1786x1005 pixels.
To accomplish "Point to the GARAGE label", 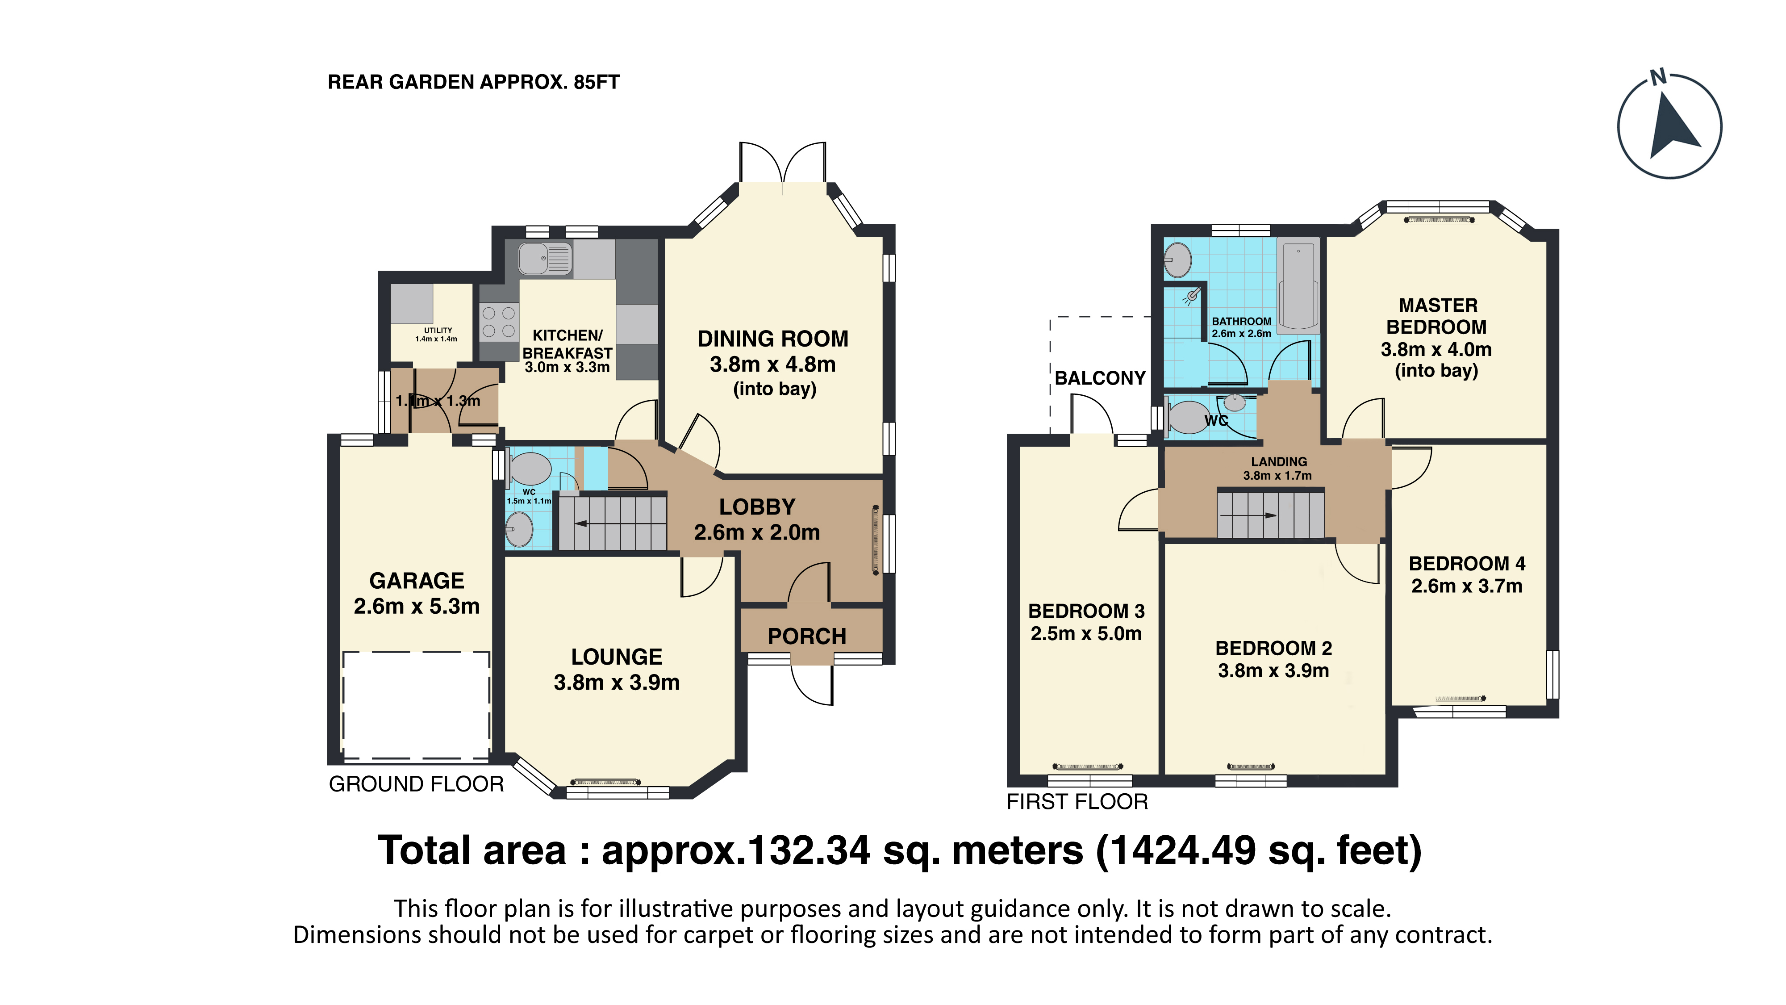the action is click(417, 581).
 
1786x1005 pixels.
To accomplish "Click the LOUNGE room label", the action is click(616, 657).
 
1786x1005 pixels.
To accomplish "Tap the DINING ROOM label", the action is click(773, 339).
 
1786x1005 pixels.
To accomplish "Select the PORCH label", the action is click(807, 636).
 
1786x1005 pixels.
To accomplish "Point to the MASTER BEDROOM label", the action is click(1437, 316).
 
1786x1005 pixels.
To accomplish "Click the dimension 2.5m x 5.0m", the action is click(1086, 633).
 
